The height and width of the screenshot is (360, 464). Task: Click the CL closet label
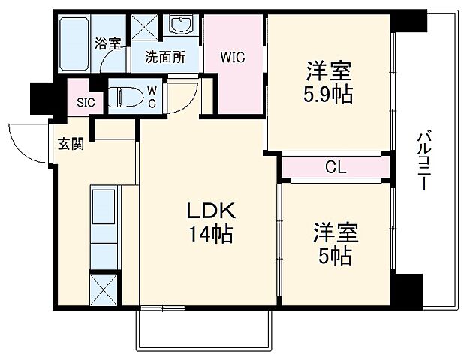tap(335, 167)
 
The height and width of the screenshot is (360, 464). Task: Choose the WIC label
tap(232, 56)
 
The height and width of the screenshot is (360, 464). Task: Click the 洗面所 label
tap(164, 56)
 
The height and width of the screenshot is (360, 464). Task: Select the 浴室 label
tap(107, 43)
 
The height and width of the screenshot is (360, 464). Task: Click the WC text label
tap(151, 96)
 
